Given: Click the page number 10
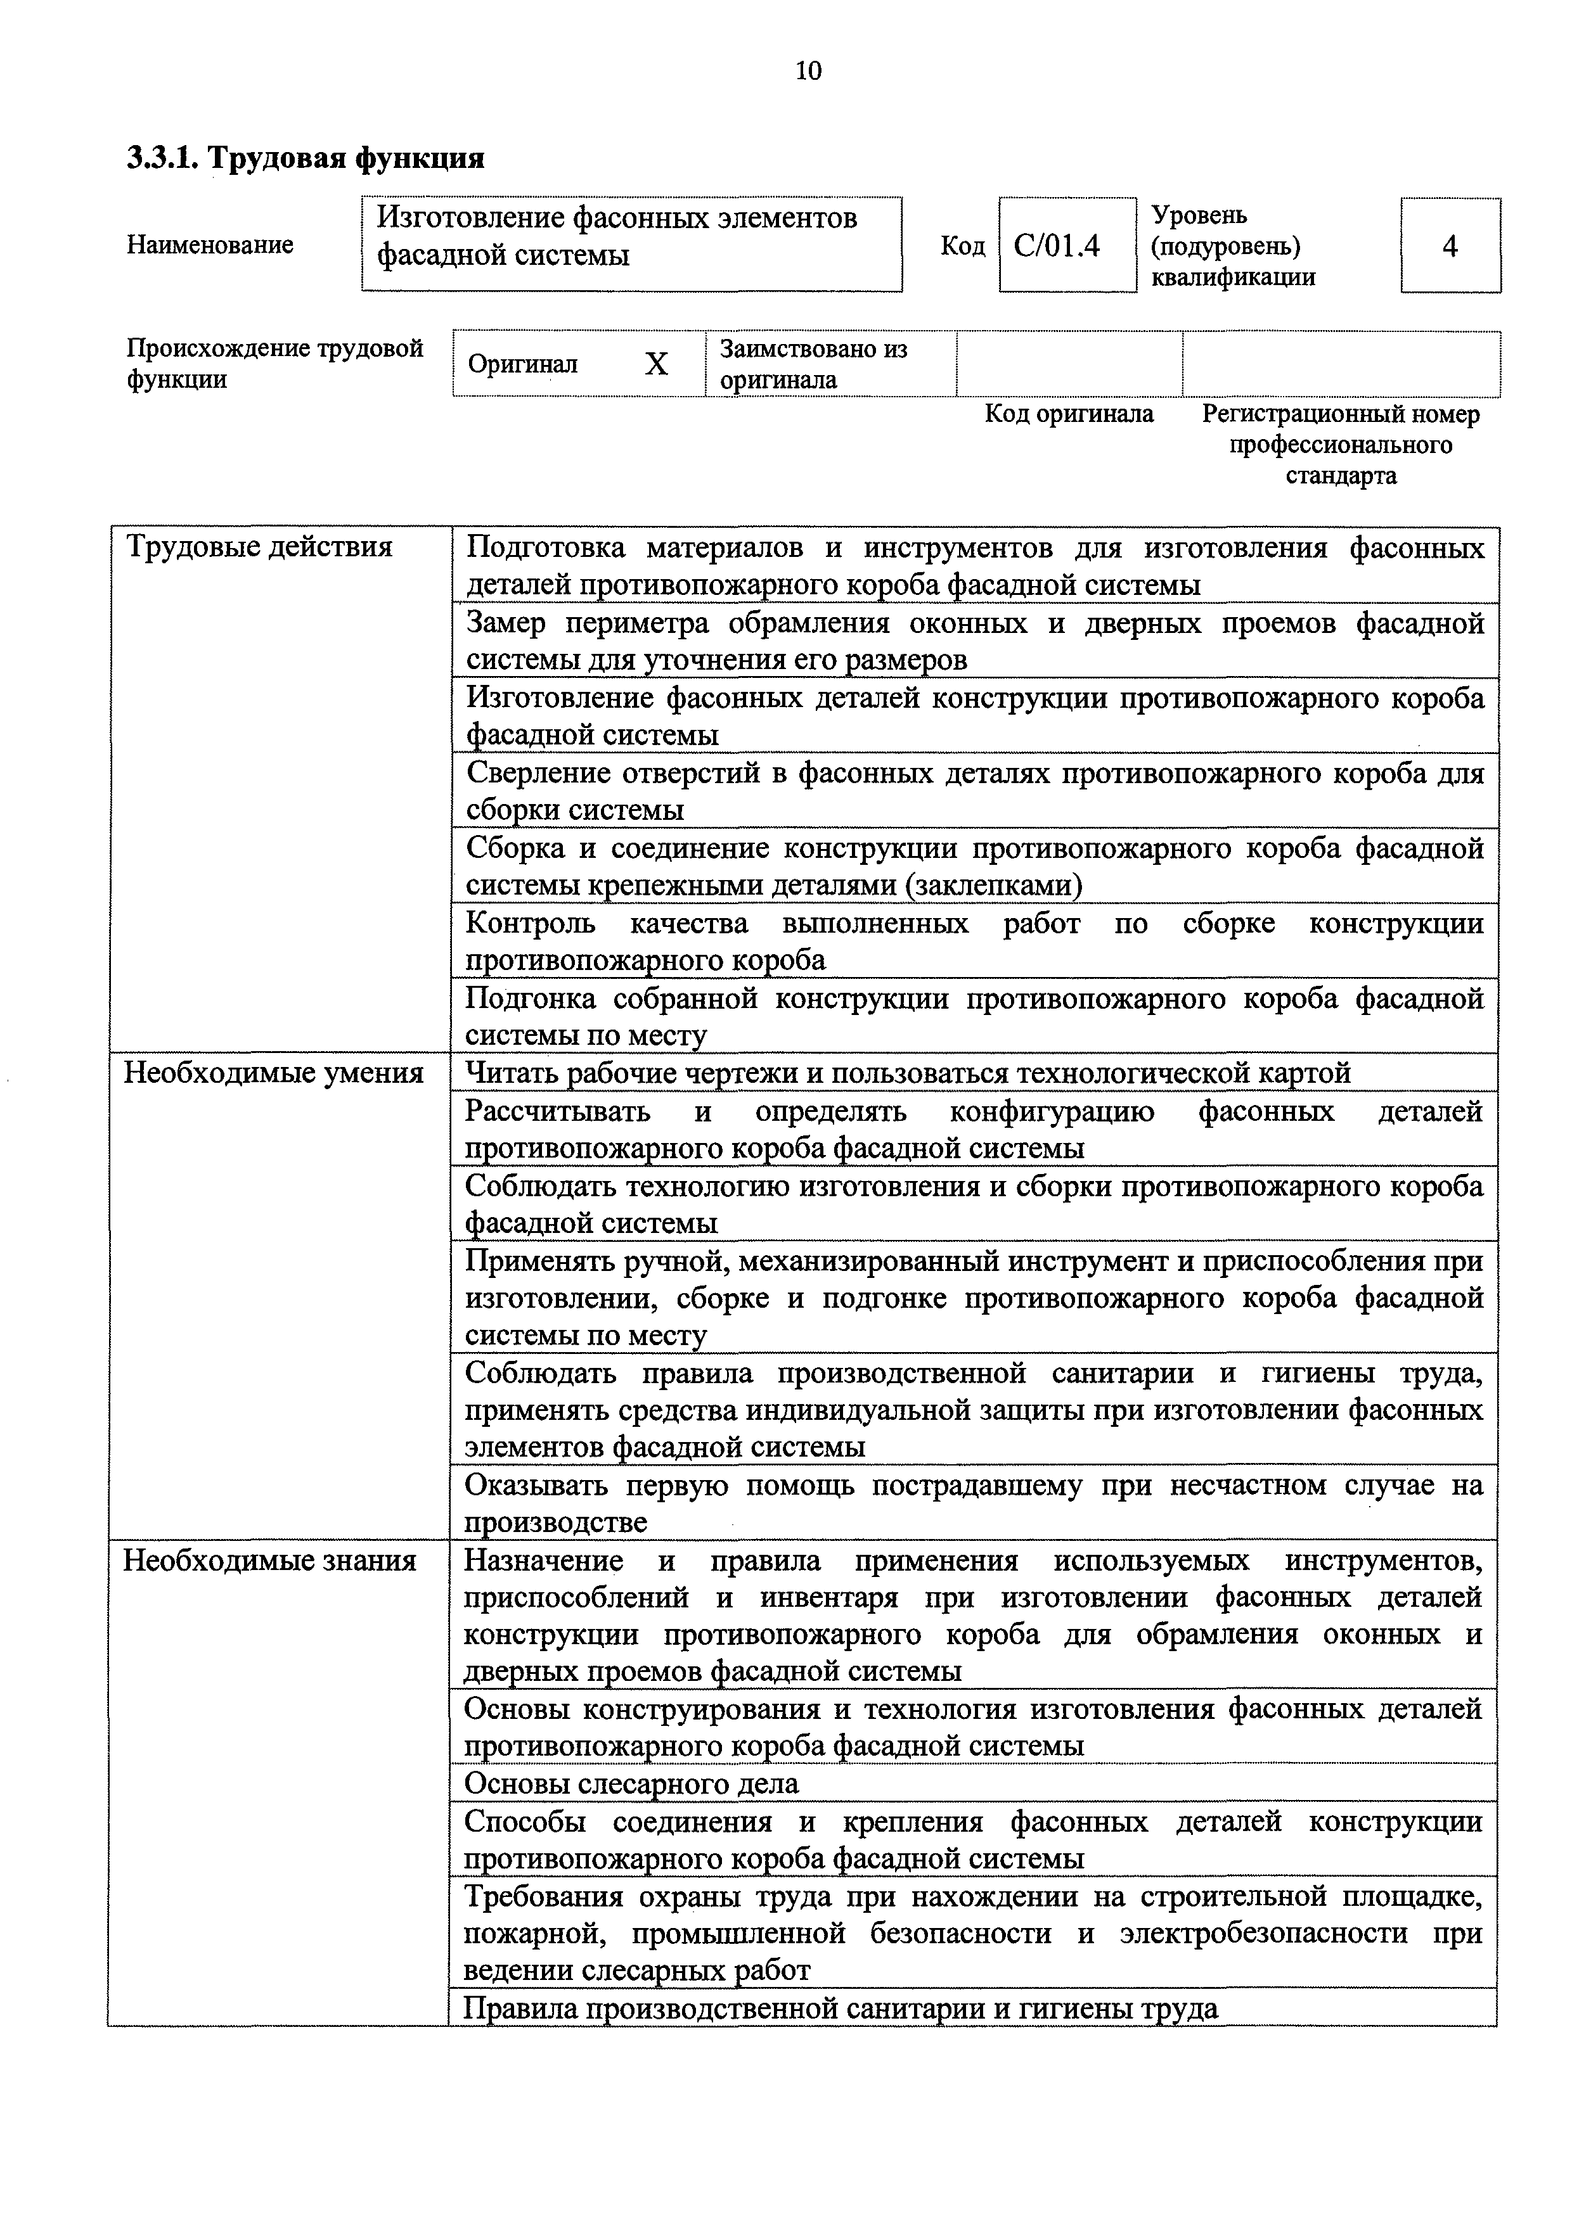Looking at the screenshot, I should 808,71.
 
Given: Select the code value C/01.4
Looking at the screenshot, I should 1057,246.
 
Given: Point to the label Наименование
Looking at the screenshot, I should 210,245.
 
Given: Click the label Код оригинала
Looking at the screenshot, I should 1069,414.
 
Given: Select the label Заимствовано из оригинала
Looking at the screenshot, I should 813,364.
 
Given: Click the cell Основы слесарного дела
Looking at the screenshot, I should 632,1783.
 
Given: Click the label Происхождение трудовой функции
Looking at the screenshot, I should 275,363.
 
